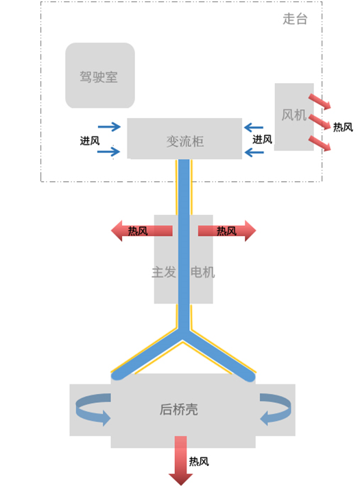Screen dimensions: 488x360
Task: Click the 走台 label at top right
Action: tap(295, 19)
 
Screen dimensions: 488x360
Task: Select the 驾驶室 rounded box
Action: tap(99, 76)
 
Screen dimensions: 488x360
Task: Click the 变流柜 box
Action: tap(184, 140)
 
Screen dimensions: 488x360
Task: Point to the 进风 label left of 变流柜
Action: tap(90, 140)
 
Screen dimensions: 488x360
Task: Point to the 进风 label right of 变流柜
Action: tap(262, 139)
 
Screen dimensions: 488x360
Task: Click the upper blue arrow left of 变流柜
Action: tap(109, 127)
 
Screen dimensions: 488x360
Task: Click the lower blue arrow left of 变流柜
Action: tap(109, 151)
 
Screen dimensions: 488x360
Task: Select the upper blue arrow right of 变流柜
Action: tap(254, 127)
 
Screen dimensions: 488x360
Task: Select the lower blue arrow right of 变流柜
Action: tap(254, 151)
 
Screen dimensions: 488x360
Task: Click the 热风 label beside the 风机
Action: tap(343, 127)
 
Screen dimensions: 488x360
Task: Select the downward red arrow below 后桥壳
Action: tap(180, 460)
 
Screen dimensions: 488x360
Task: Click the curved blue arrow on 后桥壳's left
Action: tap(92, 409)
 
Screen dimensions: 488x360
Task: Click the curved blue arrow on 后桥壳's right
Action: tap(276, 409)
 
